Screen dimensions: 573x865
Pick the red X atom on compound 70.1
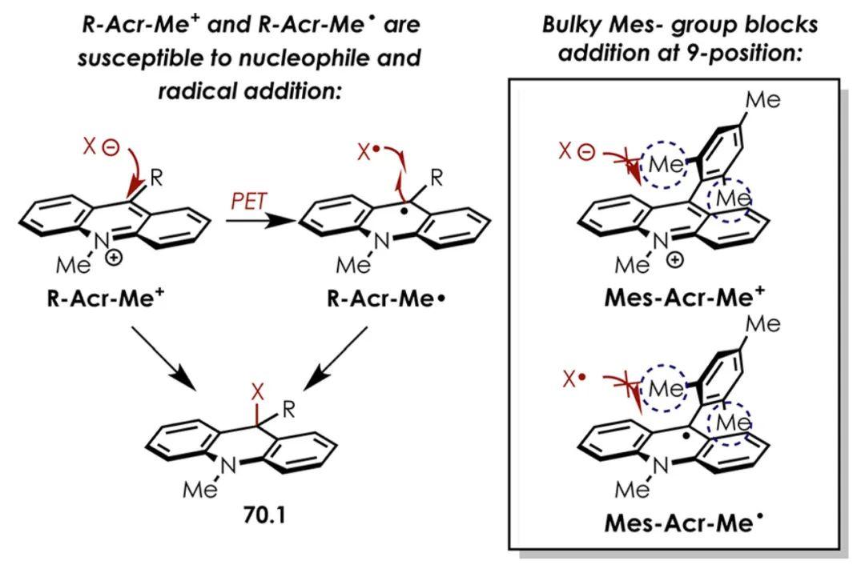[x=257, y=393]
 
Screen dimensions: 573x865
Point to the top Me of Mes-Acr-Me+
[x=762, y=101]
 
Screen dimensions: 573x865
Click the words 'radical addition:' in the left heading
[x=250, y=91]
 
